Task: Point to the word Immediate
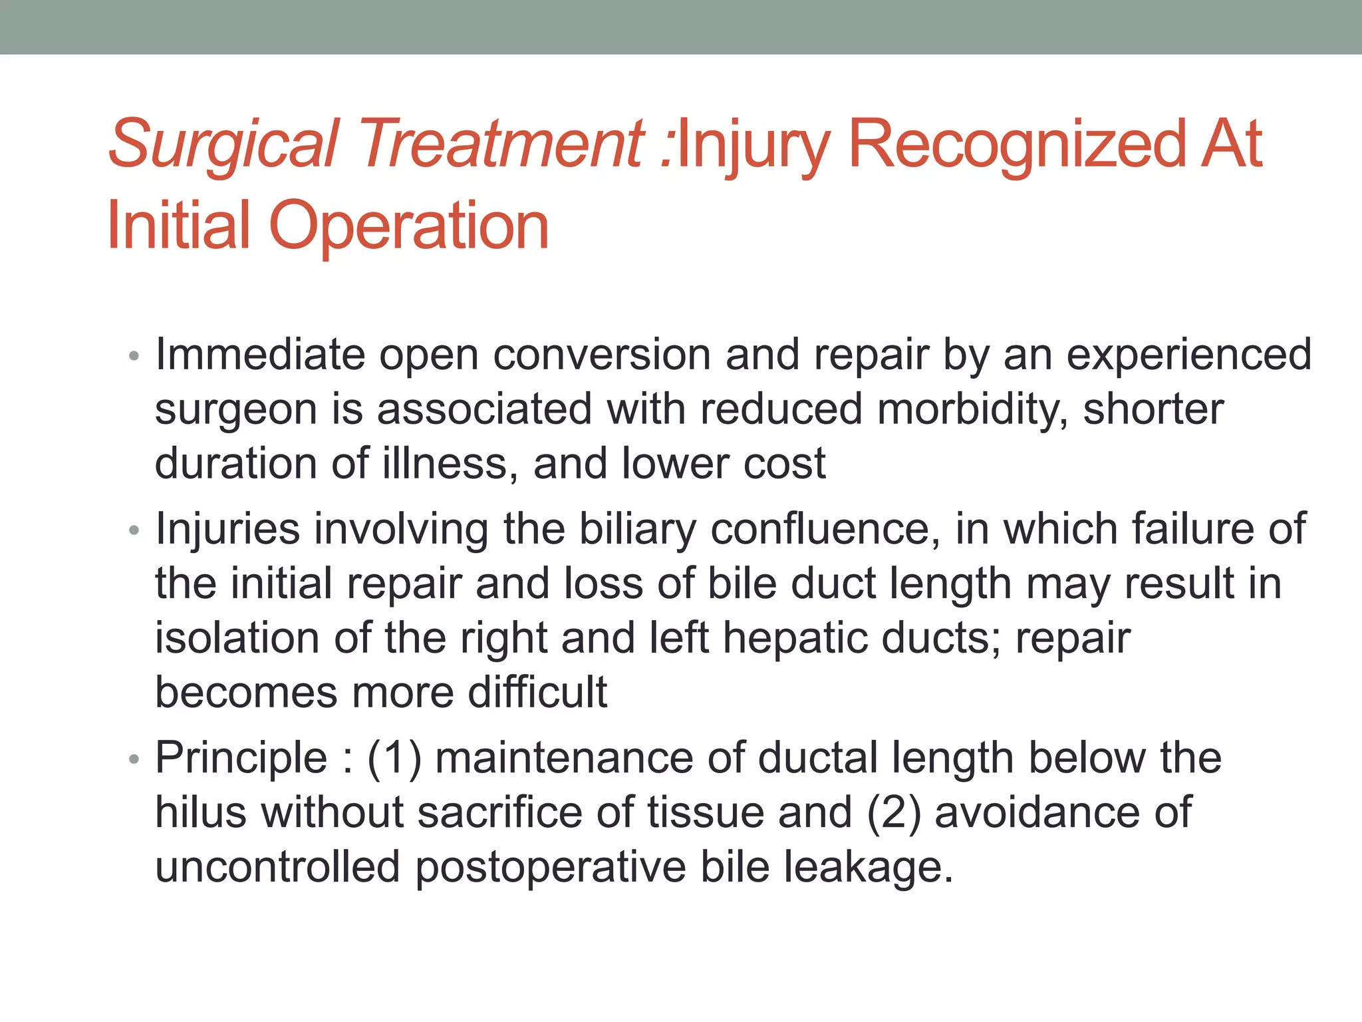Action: [260, 354]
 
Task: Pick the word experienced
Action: [1189, 354]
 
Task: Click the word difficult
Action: [537, 692]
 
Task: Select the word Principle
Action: [241, 759]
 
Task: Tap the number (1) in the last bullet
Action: [394, 759]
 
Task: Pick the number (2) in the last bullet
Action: [894, 813]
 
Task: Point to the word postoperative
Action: [551, 868]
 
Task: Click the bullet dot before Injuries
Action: [134, 530]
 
